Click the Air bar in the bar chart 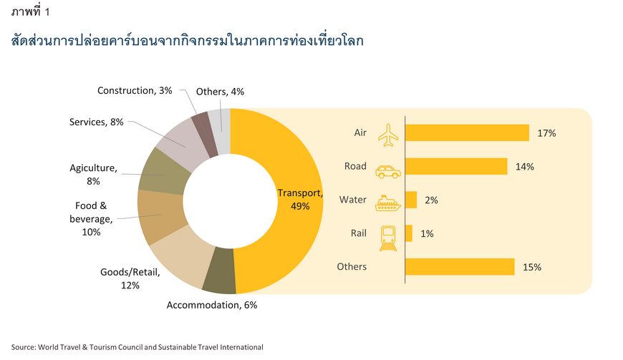point(467,132)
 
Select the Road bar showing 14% point(456,166)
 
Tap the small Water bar point(411,200)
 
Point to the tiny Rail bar point(409,233)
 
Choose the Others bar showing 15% point(460,267)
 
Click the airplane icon point(388,135)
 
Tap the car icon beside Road point(388,172)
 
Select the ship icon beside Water point(388,203)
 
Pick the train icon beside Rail point(388,238)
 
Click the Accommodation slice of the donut point(220,271)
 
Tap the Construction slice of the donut point(204,134)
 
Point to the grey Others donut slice point(220,131)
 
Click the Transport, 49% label point(300,199)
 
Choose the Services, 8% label point(97,122)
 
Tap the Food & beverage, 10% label point(91,219)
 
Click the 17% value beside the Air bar point(546,133)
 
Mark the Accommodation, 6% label point(212,305)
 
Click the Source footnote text point(137,347)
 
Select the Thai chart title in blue point(187,41)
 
